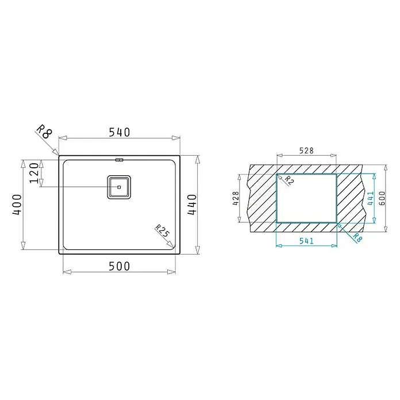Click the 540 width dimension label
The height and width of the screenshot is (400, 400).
point(120,132)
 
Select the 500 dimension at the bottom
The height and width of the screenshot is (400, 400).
point(119,266)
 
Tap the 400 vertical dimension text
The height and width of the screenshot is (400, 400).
point(17,205)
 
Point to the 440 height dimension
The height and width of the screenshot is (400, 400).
point(192,205)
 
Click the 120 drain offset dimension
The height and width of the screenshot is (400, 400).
point(34,173)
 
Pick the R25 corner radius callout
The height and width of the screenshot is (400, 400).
point(162,231)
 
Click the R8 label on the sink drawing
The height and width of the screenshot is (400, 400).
point(44,132)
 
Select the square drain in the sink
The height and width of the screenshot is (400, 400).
point(119,187)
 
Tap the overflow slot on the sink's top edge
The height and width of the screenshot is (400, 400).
point(119,160)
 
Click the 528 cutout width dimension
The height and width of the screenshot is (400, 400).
point(306,151)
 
